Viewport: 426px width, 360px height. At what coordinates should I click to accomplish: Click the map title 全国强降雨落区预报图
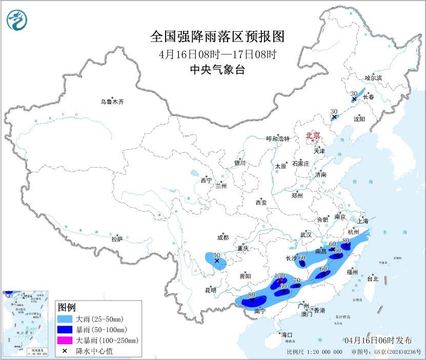click(217, 36)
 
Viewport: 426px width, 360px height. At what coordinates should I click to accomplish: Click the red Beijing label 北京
click(313, 135)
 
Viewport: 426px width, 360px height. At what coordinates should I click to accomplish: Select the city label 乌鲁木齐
click(112, 102)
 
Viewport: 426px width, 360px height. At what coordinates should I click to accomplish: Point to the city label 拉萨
click(117, 239)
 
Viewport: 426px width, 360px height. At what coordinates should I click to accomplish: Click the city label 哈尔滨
click(373, 77)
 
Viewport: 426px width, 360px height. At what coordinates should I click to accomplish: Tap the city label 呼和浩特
click(278, 138)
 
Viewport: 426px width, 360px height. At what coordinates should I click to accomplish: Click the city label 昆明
click(211, 290)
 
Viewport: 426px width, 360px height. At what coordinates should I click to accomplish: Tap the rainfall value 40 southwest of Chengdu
click(216, 255)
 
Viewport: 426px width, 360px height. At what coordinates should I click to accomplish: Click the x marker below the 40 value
click(217, 261)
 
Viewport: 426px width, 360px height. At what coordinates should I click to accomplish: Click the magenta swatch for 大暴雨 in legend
click(65, 340)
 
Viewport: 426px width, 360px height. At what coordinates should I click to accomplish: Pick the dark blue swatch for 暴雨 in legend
click(65, 329)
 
